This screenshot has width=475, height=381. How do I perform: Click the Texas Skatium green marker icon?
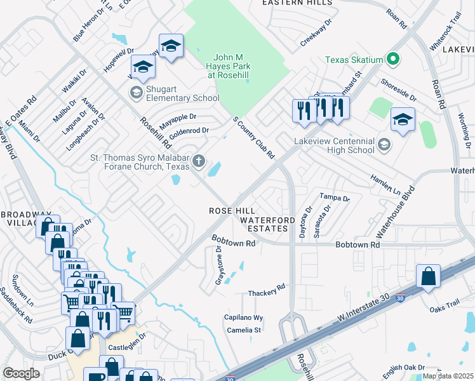(x=393, y=60)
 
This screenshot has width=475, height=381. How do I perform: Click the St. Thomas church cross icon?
(x=199, y=161)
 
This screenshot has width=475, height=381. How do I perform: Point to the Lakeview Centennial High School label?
(x=334, y=145)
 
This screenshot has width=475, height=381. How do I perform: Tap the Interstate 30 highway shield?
(x=399, y=297)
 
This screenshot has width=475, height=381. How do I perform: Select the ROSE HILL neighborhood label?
(x=232, y=211)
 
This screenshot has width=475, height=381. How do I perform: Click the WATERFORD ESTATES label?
(x=267, y=224)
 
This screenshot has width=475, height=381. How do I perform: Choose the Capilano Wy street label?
(x=243, y=317)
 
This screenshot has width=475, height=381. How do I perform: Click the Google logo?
(x=22, y=373)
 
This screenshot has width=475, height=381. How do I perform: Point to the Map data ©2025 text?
(x=448, y=377)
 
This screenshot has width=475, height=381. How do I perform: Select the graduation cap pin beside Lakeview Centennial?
(x=403, y=120)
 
